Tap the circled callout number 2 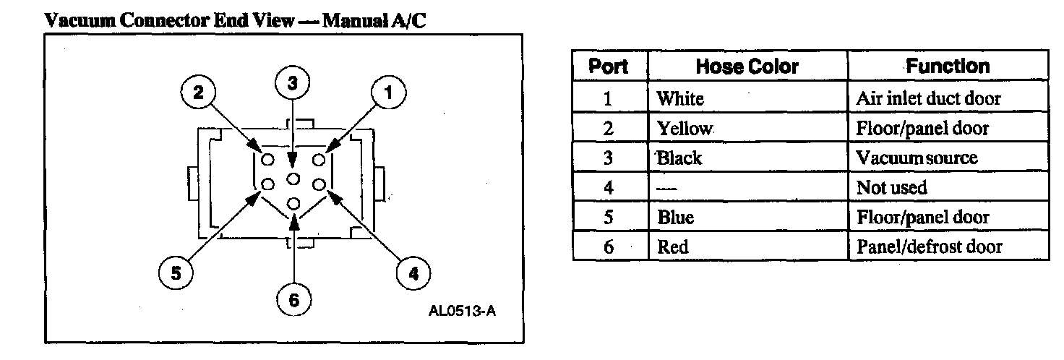[x=198, y=92]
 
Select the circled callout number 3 [x=292, y=83]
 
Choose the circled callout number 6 [x=294, y=300]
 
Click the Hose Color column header [x=747, y=67]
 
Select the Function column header [x=948, y=67]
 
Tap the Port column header [x=609, y=67]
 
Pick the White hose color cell [x=679, y=98]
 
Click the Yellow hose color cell [x=685, y=129]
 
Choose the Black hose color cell [x=679, y=158]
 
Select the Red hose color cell [x=673, y=247]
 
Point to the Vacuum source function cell [x=917, y=158]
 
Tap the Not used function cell [x=891, y=188]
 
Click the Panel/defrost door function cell [x=929, y=247]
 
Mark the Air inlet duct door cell [x=928, y=98]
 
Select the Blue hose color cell [x=675, y=217]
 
